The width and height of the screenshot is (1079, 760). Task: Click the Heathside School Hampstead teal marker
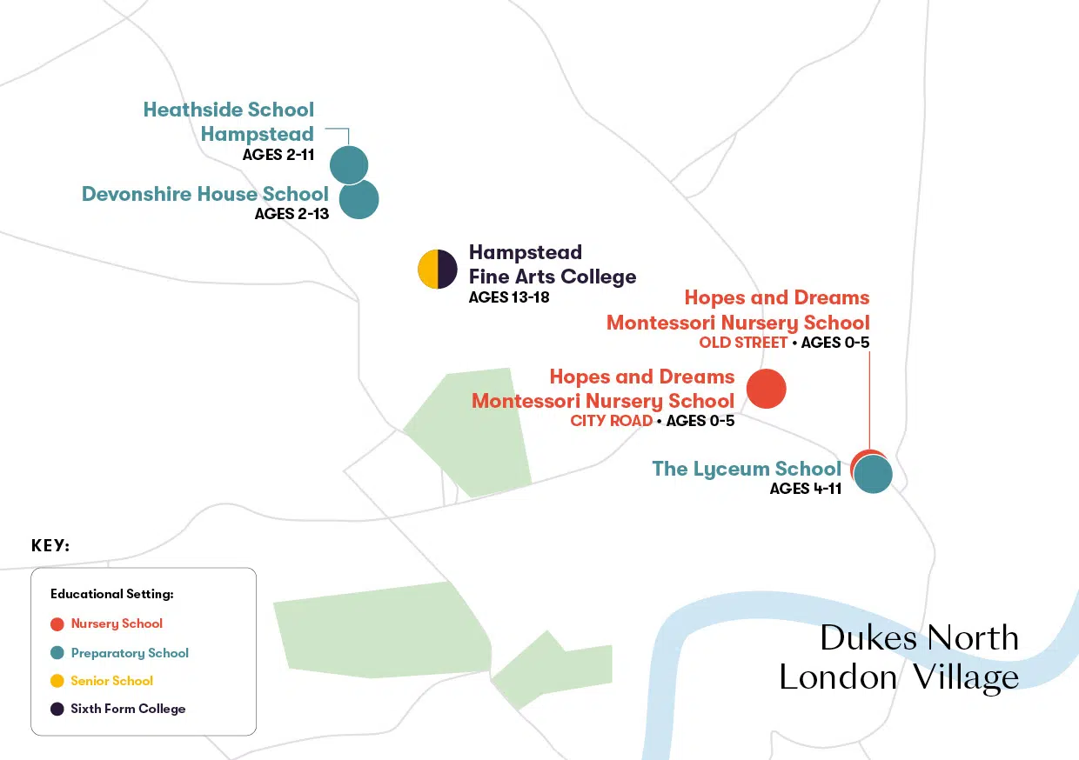coord(348,164)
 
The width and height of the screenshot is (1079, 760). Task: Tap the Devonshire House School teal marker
coord(359,199)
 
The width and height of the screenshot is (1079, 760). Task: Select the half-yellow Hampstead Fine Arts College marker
coord(437,269)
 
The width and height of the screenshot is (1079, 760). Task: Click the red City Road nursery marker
coord(766,389)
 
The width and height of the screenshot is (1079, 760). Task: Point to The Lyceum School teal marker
coord(873,476)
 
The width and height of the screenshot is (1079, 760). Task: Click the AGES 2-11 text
coord(278,156)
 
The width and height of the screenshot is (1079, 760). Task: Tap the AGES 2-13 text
coord(292,213)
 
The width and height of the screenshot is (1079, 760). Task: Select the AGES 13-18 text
coord(509,297)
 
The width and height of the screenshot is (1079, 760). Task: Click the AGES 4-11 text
coord(805,489)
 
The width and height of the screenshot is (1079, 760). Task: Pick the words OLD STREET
coord(743,343)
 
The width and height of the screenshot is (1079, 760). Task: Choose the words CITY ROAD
coord(611,421)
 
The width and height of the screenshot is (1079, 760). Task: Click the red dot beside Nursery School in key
coord(57,623)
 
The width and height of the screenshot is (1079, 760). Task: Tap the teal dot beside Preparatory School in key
coord(57,653)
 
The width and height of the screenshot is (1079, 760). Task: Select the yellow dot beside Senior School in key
coord(57,681)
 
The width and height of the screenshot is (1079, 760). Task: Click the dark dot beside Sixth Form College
coord(57,709)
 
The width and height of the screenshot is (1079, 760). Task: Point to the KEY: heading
coord(50,546)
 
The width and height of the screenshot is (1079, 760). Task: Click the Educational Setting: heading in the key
coord(112,594)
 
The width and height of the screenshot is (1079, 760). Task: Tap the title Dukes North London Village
coord(899,657)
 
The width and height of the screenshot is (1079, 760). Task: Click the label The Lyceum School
coord(747,469)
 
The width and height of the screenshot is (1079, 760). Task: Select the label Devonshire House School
coord(205,194)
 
